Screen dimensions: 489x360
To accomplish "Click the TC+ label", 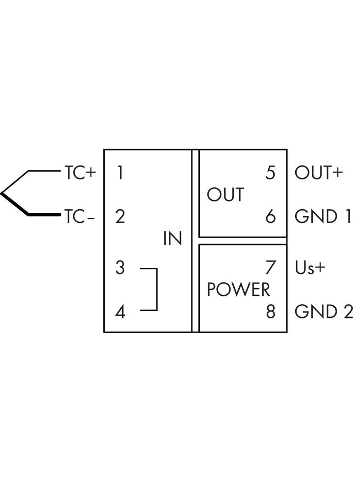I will [x=80, y=173].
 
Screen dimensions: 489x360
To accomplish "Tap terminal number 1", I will [x=120, y=173].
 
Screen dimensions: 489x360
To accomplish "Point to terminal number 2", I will [x=120, y=216].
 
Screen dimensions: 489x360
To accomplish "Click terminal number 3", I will [x=120, y=267].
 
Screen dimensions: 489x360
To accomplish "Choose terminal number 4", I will [x=120, y=312].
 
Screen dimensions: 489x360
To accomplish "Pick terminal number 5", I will [x=270, y=173].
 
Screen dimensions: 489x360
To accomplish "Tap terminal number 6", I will [x=270, y=216].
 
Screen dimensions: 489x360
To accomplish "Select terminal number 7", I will [x=270, y=267].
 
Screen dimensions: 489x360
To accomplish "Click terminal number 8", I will [x=270, y=311].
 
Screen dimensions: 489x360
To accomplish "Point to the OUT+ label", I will [x=319, y=173].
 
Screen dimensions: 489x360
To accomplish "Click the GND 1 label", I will [x=323, y=216].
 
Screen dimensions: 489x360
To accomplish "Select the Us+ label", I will [x=310, y=267].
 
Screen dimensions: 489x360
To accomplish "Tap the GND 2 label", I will [x=324, y=311].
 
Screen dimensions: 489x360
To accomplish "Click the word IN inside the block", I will [x=173, y=239].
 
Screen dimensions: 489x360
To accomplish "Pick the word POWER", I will [x=238, y=290].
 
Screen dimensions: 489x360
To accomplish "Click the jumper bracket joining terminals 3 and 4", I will [x=157, y=289].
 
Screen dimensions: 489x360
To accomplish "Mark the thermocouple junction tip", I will [x=2, y=193].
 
